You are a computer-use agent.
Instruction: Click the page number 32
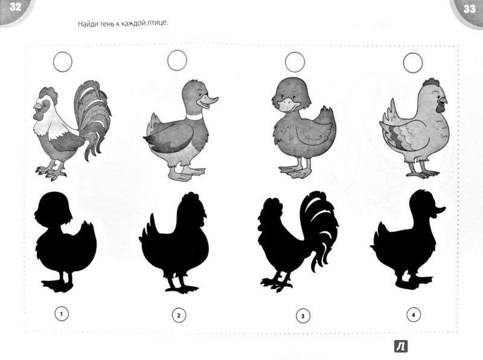[15, 7]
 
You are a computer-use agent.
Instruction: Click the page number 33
[469, 9]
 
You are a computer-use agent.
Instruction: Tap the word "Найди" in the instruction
[86, 24]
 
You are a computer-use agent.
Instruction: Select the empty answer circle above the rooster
[63, 62]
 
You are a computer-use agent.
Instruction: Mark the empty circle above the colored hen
[413, 63]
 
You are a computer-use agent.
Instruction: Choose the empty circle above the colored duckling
[295, 62]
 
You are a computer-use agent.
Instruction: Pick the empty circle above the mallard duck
[177, 60]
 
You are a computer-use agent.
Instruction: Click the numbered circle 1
[62, 314]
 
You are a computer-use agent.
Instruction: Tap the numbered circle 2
[179, 315]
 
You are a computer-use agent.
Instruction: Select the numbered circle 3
[303, 316]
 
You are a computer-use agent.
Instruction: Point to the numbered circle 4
[414, 315]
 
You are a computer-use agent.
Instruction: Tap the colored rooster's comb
[48, 92]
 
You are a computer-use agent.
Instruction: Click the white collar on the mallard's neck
[194, 117]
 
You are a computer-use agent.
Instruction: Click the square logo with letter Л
[401, 347]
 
